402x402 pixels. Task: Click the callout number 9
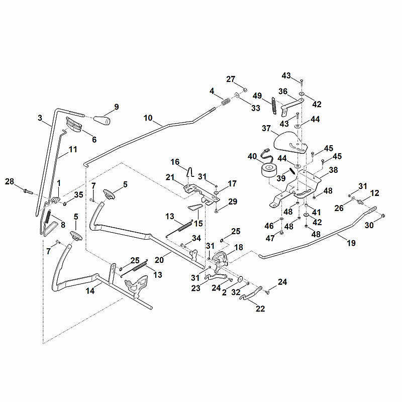[117, 107]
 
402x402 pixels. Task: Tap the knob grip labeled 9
[102, 120]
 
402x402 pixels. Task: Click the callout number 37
[266, 128]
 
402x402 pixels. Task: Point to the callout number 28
[10, 181]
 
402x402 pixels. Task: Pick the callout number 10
[148, 118]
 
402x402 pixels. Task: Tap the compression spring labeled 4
[226, 102]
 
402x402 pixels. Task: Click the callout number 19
[351, 243]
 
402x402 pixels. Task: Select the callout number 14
[90, 291]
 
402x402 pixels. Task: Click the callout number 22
[260, 309]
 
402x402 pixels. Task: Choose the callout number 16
[175, 162]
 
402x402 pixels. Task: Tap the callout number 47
[270, 238]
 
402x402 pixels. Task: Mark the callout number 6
[94, 140]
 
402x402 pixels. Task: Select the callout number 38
[333, 170]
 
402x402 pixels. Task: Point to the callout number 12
[374, 193]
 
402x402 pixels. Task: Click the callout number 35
[79, 194]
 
